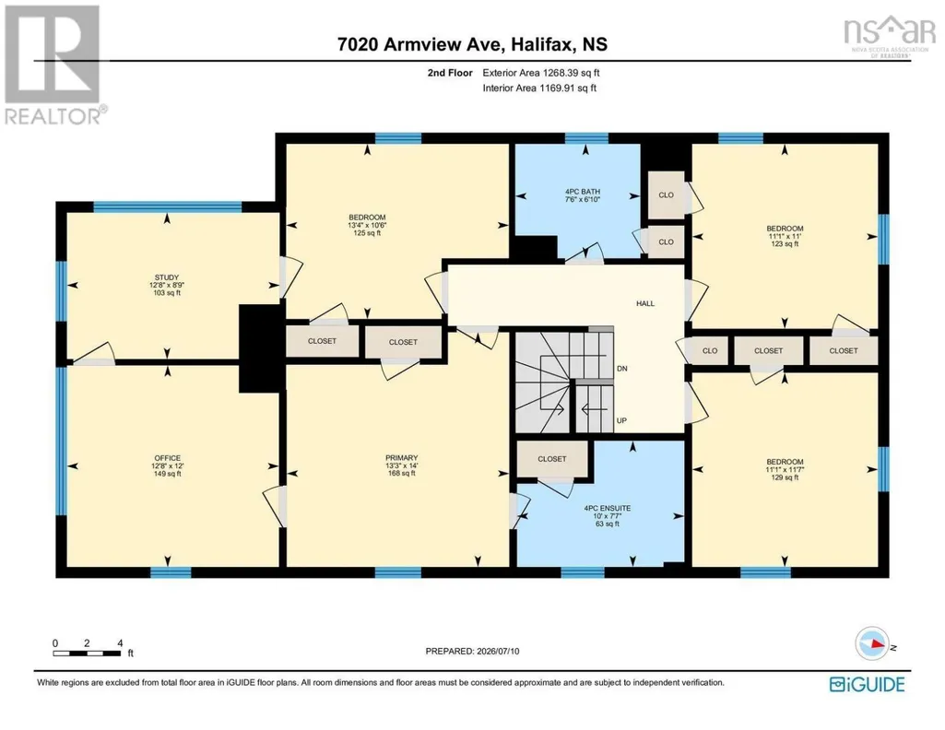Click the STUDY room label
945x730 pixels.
[x=167, y=277]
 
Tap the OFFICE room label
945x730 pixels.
[x=167, y=458]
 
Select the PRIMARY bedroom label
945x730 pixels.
[x=402, y=458]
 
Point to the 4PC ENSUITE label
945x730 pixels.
[x=608, y=509]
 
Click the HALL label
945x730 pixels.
[x=645, y=303]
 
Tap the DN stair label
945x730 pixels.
[x=622, y=368]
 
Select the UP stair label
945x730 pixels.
[x=622, y=420]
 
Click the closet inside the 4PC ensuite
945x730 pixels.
[x=552, y=459]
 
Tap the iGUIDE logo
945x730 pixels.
[x=867, y=684]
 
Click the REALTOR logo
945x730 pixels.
[x=54, y=65]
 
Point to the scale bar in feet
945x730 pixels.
[x=88, y=653]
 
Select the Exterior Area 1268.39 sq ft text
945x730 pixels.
[x=540, y=73]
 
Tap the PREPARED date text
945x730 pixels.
[x=472, y=651]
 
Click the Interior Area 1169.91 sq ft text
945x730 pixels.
[x=539, y=88]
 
